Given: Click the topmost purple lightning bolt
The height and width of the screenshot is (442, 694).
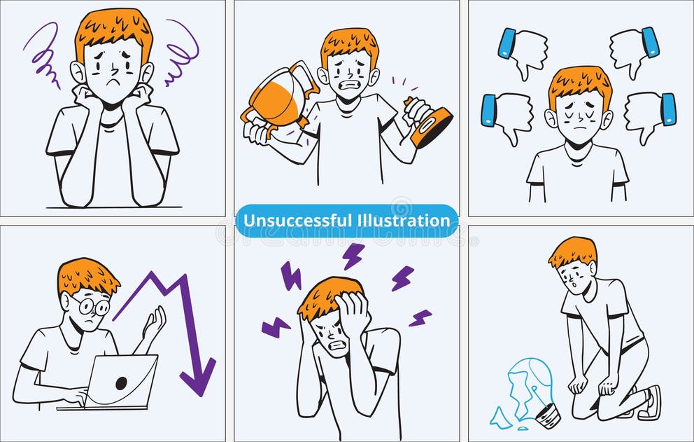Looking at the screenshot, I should pos(353,256).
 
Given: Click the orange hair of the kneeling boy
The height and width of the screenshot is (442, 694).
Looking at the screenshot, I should pos(572,250).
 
